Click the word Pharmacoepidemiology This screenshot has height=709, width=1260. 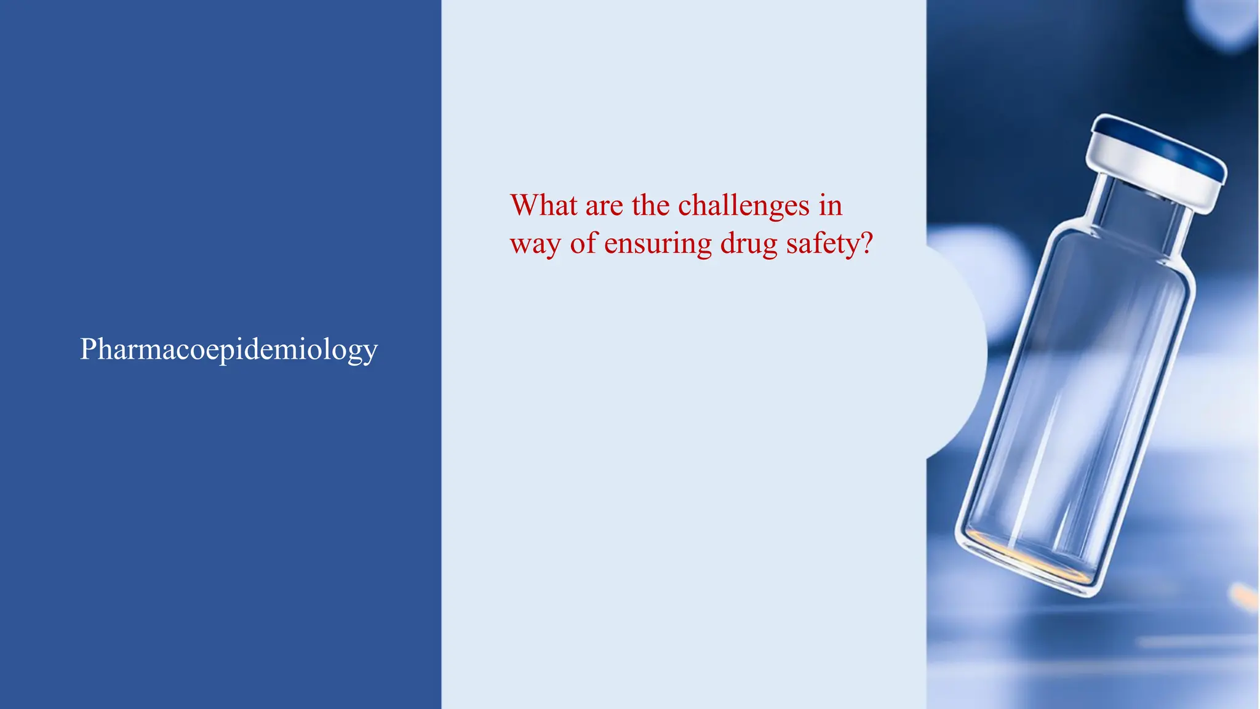coord(228,350)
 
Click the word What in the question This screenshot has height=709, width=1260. coord(543,205)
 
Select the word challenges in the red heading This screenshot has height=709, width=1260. coord(743,205)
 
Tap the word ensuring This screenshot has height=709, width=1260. coord(658,244)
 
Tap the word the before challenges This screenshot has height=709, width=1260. coord(650,205)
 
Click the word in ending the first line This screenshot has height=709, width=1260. coord(830,205)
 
